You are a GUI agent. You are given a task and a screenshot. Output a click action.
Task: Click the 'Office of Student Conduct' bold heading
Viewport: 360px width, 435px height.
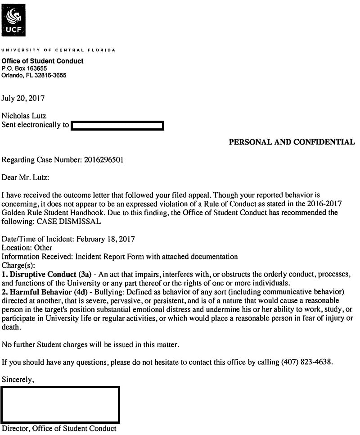42,61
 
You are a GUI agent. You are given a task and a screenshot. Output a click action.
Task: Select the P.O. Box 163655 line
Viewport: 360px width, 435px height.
24,68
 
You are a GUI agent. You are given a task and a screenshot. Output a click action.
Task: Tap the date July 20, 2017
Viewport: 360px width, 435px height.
23,98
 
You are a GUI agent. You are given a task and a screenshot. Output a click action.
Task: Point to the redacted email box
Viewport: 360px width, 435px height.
117,125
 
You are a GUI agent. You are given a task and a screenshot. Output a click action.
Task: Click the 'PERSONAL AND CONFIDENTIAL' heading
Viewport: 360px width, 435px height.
292,142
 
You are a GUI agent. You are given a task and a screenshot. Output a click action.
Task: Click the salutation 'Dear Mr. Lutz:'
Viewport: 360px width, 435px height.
26,177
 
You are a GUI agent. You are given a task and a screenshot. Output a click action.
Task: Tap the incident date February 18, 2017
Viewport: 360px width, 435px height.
106,239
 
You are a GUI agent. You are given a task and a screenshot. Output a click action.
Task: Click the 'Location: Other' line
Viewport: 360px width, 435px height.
27,248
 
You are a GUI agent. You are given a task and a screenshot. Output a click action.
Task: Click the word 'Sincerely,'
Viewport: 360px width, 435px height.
18,380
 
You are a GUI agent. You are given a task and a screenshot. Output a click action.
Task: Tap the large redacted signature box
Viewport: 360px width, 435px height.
60,404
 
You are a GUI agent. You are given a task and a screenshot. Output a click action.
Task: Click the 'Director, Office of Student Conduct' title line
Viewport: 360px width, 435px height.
59,429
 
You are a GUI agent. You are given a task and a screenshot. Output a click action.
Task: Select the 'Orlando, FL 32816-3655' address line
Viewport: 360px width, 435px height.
34,76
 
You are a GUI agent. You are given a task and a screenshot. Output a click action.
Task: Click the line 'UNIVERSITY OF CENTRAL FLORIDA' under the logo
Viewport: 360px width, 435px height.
58,50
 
